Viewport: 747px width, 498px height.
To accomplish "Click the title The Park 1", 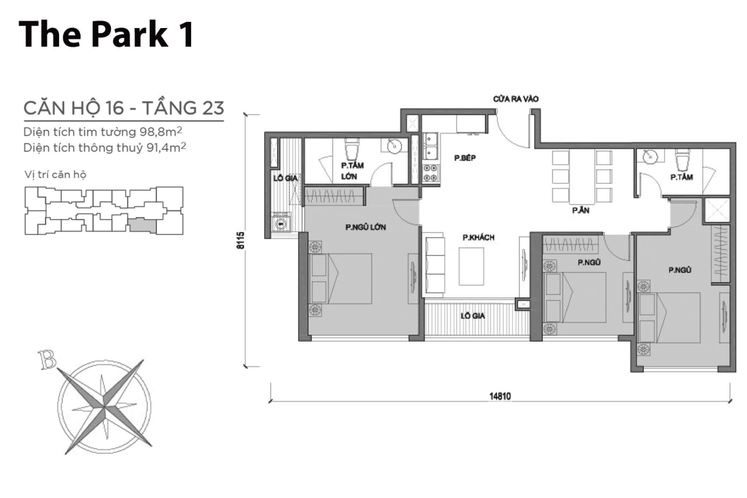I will coord(106,34).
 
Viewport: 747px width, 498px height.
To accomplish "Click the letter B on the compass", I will coord(45,359).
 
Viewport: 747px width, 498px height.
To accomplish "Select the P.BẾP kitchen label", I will coord(465,159).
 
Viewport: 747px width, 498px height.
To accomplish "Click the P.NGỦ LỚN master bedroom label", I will coord(365,227).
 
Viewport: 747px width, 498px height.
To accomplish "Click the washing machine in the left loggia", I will coord(282,222).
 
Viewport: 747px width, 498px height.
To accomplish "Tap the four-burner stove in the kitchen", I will coord(430,173).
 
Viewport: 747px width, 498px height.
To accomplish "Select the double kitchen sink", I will coord(430,149).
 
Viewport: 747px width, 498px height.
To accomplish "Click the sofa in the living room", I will coord(435,265).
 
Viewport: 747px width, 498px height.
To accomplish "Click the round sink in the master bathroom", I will coord(394,146).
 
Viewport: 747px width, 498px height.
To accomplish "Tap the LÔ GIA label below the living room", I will coord(472,316).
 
